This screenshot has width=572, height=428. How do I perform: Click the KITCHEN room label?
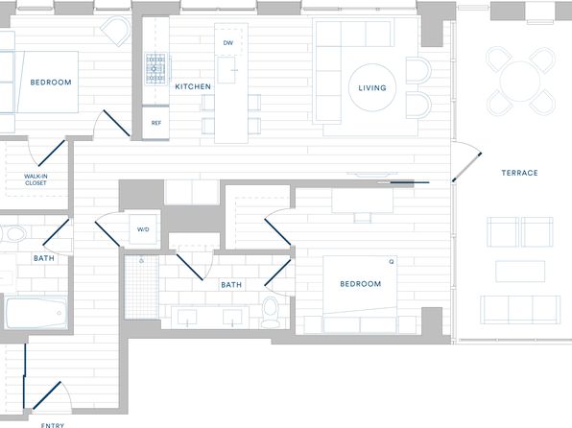[x=193, y=86]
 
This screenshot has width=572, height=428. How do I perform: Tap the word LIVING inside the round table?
[x=372, y=88]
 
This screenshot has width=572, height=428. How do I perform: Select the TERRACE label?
[x=519, y=173]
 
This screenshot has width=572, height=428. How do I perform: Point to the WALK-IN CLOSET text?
[x=36, y=179]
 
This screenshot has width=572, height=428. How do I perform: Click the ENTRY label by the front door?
[x=53, y=425]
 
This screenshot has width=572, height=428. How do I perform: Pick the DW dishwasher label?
[x=228, y=42]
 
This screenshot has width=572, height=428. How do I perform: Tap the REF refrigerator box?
[x=155, y=123]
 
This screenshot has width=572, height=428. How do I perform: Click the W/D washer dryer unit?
[x=143, y=229]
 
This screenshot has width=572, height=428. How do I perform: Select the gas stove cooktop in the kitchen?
[x=155, y=68]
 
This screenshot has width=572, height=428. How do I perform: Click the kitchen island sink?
[x=226, y=70]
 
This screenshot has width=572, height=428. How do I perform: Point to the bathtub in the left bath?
[x=36, y=314]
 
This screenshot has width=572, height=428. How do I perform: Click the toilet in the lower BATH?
[x=271, y=312]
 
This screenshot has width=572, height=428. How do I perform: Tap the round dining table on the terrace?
[x=520, y=82]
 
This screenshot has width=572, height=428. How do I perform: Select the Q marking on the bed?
[x=392, y=262]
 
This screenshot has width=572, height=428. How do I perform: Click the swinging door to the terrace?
[x=467, y=167]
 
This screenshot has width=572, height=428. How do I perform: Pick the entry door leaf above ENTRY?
[x=47, y=395]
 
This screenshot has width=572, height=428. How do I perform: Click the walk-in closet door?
[x=52, y=153]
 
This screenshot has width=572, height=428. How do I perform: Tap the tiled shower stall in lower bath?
[x=141, y=287]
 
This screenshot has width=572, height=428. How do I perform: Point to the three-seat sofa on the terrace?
[x=520, y=310]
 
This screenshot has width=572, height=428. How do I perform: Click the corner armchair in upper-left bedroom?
[x=115, y=31]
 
